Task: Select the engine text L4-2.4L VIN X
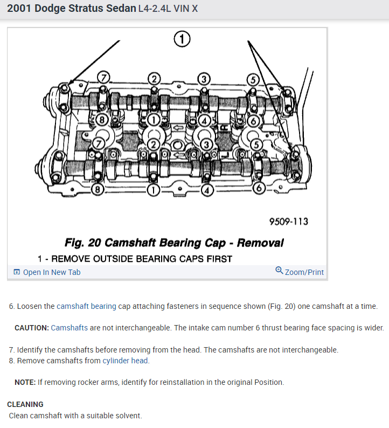pos(168,10)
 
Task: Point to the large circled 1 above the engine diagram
pos(182,39)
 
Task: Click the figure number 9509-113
pos(288,222)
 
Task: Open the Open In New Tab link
pos(52,272)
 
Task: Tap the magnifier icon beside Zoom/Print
pos(279,271)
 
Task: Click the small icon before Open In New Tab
pos(17,272)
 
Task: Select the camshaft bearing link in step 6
pos(86,306)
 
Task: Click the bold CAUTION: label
pos(32,328)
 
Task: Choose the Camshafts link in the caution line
pos(70,328)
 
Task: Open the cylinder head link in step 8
pos(126,361)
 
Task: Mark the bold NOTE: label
pos(25,382)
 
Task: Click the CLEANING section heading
pos(25,404)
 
